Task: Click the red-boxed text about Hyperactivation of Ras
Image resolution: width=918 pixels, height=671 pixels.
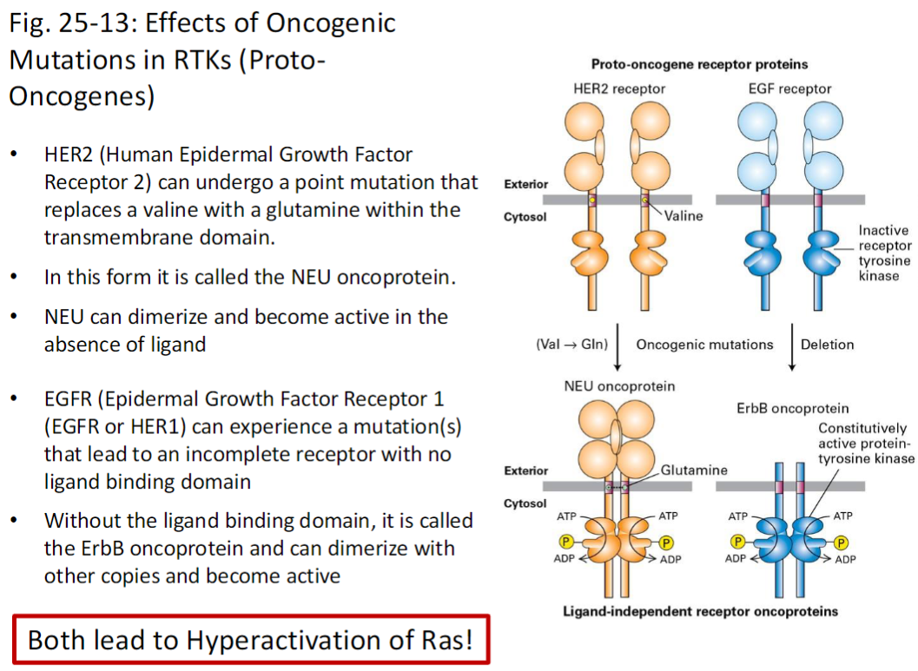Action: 251,640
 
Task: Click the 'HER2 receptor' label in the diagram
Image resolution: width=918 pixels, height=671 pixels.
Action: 619,89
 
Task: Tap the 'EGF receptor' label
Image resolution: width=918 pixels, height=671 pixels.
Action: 789,89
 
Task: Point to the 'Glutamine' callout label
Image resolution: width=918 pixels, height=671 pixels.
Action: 694,470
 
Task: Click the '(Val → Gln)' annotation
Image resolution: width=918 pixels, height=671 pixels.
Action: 571,344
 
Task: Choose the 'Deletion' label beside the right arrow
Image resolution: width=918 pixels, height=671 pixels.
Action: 827,344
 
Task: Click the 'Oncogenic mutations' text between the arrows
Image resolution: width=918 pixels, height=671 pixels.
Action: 704,344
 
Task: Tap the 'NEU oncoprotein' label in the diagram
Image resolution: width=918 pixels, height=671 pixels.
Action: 619,385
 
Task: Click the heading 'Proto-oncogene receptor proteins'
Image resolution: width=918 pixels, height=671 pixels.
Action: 699,64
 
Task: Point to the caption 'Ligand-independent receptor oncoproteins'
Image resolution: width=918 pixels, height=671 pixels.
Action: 699,611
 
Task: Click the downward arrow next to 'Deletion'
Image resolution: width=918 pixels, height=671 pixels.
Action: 792,345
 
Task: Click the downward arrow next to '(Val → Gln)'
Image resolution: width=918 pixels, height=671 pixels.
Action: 617,345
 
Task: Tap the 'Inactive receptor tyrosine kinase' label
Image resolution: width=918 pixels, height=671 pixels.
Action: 884,253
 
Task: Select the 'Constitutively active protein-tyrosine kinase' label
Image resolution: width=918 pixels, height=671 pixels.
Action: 866,444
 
